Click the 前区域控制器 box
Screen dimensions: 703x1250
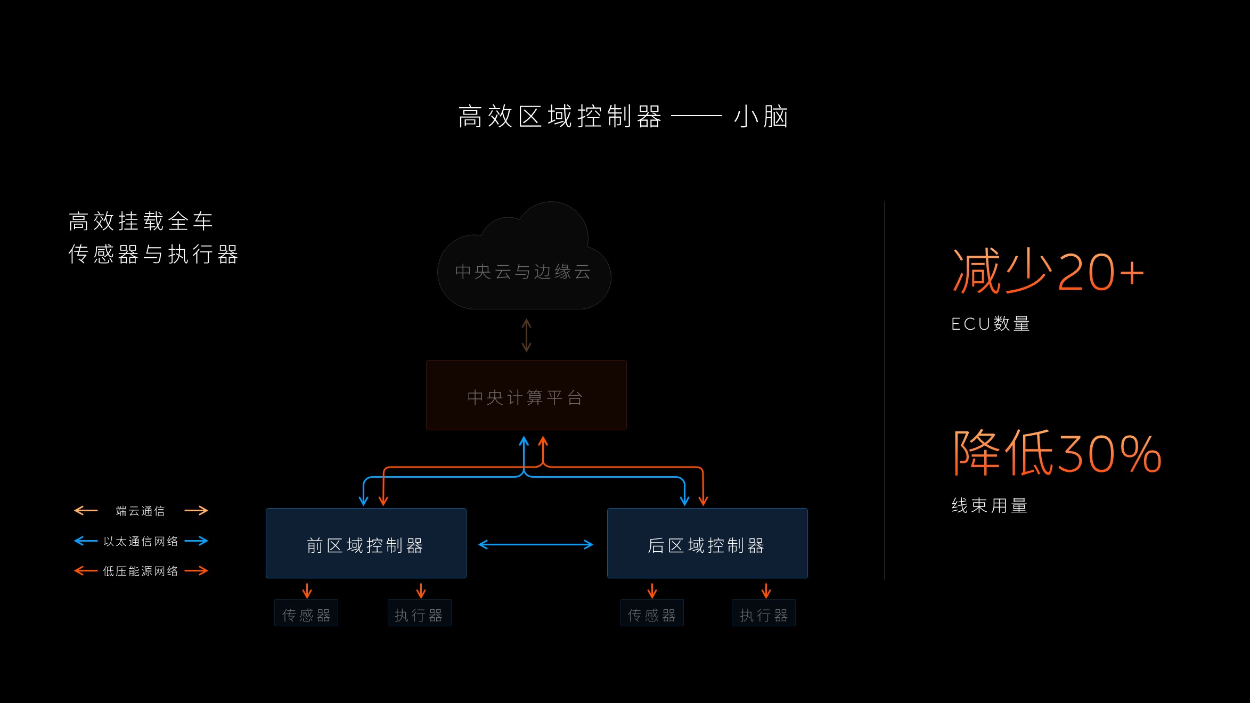pos(366,543)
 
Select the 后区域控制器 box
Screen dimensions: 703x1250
pos(707,543)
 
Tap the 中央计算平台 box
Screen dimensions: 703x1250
pos(526,395)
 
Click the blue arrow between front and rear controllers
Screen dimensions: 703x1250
pos(536,544)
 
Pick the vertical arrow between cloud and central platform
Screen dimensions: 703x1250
pos(526,336)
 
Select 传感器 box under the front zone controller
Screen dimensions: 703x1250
pos(306,614)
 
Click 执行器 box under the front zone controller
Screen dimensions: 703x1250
pos(419,614)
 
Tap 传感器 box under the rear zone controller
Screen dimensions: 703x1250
pos(652,614)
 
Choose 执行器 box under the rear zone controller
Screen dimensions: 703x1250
pos(764,614)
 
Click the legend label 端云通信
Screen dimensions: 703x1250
pos(141,511)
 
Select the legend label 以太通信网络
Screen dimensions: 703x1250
pos(141,542)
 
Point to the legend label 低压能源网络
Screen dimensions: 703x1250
pos(141,571)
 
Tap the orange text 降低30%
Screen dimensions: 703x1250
pos(1057,453)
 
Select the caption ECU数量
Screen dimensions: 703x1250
pos(991,324)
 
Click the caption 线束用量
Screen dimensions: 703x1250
pos(990,505)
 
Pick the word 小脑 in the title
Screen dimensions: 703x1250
pos(761,117)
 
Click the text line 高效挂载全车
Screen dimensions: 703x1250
pos(141,222)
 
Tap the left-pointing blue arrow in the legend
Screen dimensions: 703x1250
pos(86,541)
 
